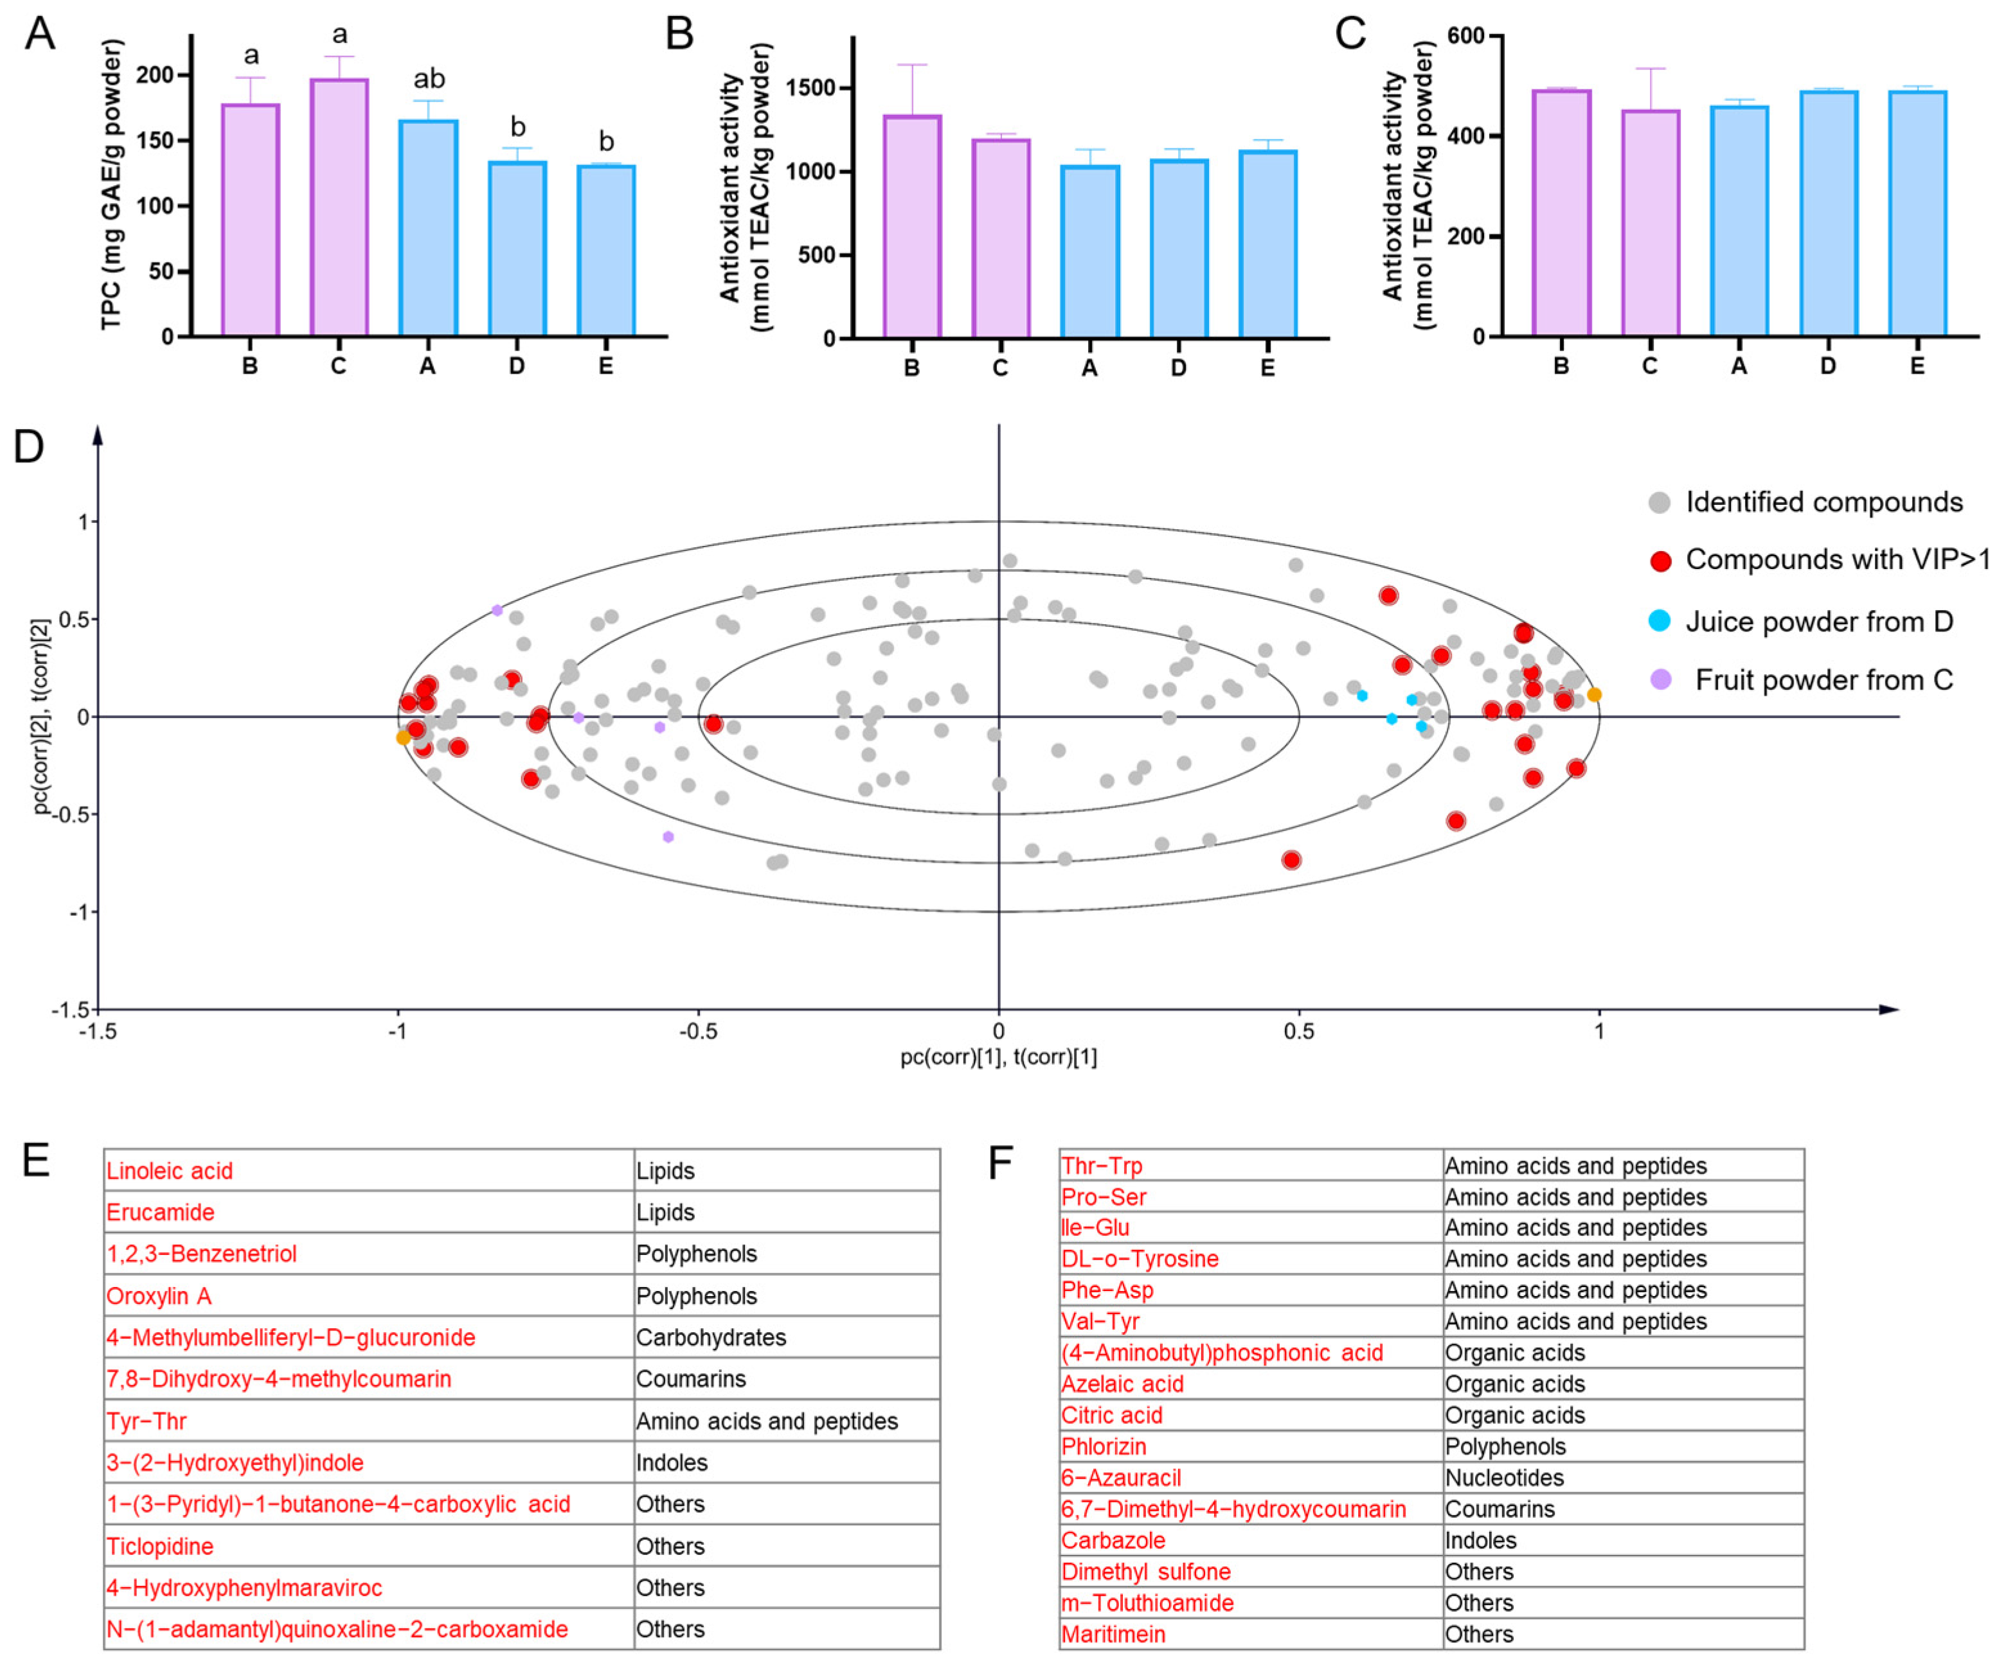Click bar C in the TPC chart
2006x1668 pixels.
coord(339,207)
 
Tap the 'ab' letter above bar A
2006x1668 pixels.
coord(429,78)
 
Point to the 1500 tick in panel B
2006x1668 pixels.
coord(810,88)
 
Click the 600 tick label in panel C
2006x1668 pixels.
coord(1466,36)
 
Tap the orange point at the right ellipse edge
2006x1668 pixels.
coord(1594,694)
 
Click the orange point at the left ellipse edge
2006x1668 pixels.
coord(403,737)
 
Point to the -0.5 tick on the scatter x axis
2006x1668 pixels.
coord(697,1031)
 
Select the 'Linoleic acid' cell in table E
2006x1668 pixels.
coord(170,1171)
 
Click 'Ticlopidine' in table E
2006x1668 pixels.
coord(161,1546)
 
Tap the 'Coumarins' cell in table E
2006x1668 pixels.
coord(691,1379)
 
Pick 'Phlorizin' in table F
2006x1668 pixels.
coord(1104,1446)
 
